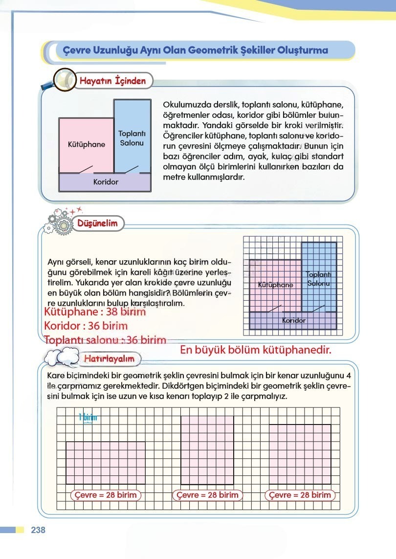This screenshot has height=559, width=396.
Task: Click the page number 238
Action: [x=38, y=530]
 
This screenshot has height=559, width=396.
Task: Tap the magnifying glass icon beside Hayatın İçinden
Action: [x=62, y=80]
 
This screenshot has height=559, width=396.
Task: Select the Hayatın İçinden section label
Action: [x=112, y=81]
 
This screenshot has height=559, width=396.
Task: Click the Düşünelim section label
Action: [x=98, y=224]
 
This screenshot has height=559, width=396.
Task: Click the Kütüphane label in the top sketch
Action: [x=87, y=145]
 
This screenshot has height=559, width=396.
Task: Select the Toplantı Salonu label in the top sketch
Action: [x=131, y=138]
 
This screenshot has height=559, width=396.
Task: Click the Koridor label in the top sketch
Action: [x=106, y=182]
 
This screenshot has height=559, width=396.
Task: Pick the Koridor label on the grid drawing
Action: [x=294, y=321]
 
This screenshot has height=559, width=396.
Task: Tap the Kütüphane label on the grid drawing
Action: [x=275, y=285]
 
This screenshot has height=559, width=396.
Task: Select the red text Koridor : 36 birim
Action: [x=86, y=326]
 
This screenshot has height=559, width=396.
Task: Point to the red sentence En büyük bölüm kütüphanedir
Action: [x=256, y=350]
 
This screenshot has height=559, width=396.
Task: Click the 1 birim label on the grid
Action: [x=88, y=417]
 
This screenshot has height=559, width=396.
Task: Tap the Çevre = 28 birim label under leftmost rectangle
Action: [x=105, y=495]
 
